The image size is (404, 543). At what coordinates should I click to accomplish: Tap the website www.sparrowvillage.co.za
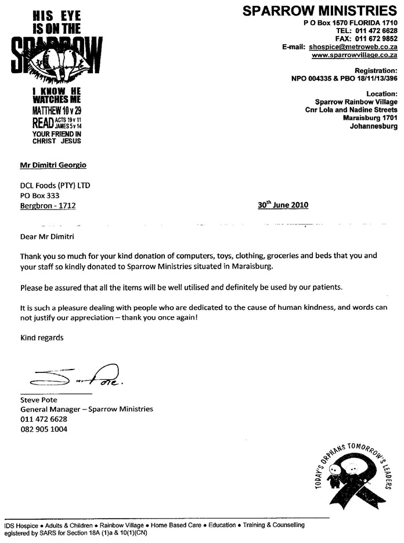(354, 55)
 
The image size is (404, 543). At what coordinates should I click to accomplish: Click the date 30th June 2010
(283, 205)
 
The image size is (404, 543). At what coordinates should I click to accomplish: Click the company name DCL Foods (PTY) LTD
(56, 186)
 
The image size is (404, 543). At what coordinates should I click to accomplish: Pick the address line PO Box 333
(39, 196)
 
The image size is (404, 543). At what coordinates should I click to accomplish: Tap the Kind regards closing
(42, 337)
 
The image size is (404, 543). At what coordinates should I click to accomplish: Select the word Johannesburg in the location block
(374, 126)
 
